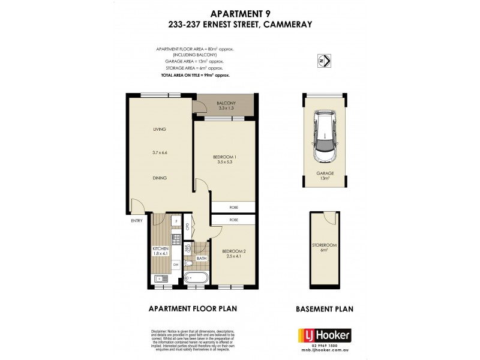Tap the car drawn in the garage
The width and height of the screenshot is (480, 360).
(x=324, y=136)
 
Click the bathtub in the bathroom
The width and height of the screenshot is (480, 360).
(x=196, y=278)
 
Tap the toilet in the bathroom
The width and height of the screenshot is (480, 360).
(x=188, y=263)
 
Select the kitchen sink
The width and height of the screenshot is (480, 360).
(x=160, y=278)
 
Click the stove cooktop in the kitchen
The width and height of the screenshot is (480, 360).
(x=175, y=239)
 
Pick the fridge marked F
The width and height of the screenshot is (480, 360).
(x=175, y=221)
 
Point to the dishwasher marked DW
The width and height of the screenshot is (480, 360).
(x=175, y=263)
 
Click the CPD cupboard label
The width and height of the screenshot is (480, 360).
(x=188, y=227)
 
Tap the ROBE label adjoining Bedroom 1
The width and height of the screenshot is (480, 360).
(x=233, y=208)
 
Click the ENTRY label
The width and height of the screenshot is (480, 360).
(x=136, y=221)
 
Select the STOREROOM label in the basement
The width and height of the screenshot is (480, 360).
(x=324, y=246)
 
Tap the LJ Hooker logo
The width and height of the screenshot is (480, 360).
(x=325, y=335)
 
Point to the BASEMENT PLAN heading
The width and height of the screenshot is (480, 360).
(x=324, y=309)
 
